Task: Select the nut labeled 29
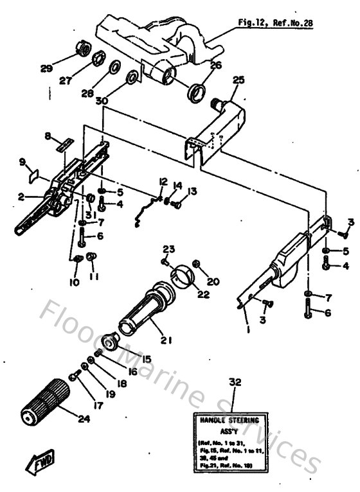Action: tap(82, 49)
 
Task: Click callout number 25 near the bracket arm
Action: tap(239, 80)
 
